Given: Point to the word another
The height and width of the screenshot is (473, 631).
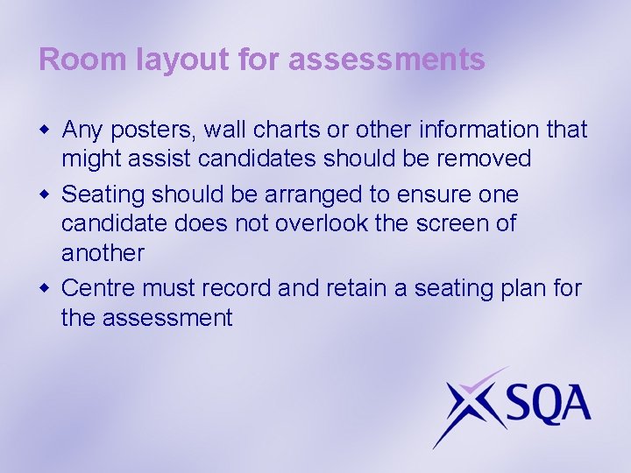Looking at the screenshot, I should click(x=102, y=253).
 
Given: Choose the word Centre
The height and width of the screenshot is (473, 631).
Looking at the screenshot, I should click(x=98, y=287).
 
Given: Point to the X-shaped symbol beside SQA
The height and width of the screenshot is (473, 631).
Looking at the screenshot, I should click(x=468, y=405).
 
